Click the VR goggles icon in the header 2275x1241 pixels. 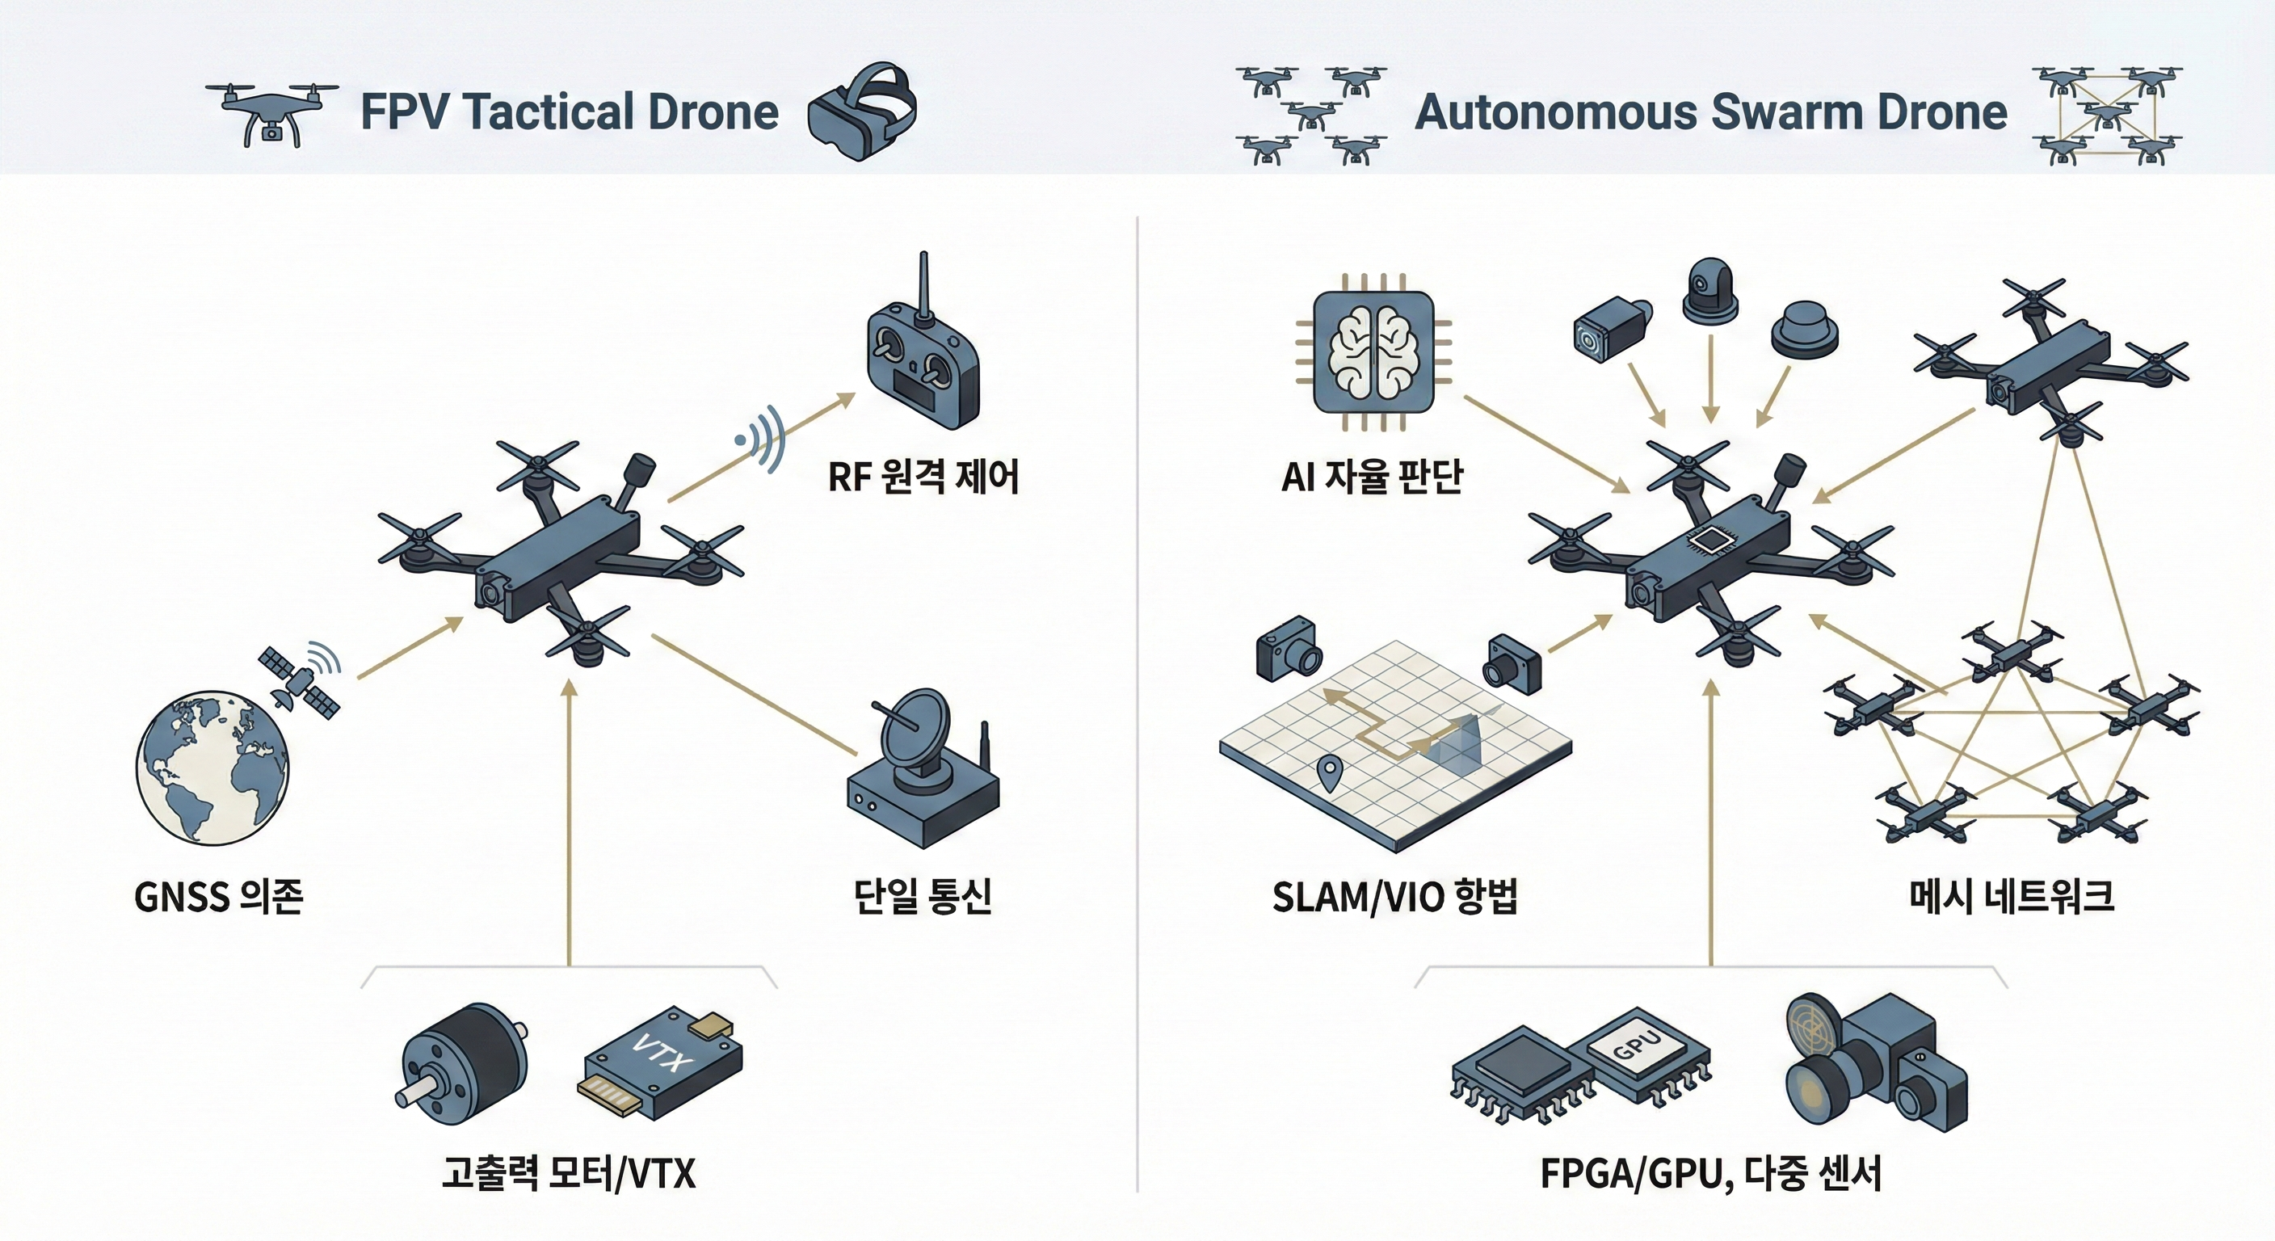click(862, 112)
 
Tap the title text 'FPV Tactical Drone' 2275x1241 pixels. click(570, 112)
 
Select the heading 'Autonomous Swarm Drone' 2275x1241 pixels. click(1710, 112)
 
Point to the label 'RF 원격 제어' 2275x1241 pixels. click(923, 477)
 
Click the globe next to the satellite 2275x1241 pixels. click(212, 767)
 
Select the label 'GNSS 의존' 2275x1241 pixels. click(219, 898)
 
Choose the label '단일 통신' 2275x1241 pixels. click(923, 897)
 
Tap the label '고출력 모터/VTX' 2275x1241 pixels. click(570, 1173)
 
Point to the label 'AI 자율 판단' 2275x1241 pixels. click(1373, 477)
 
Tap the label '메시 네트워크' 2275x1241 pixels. click(2012, 897)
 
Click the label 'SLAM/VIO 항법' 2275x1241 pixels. click(1394, 897)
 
